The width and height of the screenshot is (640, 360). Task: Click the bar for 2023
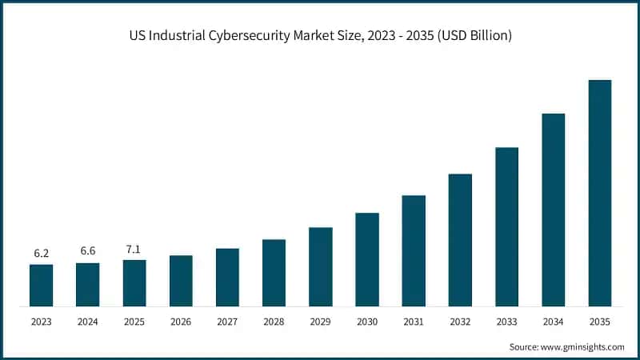tap(42, 285)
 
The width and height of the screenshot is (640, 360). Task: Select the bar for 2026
tap(181, 281)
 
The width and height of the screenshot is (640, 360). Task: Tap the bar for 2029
tap(321, 266)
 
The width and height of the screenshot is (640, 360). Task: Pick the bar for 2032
tap(460, 240)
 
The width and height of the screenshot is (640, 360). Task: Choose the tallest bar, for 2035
tap(600, 193)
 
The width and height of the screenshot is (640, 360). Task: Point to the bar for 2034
tap(553, 210)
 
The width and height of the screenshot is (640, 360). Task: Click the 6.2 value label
tap(42, 254)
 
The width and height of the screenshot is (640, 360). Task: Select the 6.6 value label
tap(88, 251)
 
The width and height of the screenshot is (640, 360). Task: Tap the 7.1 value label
tap(134, 249)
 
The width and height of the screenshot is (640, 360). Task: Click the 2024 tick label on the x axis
tap(88, 322)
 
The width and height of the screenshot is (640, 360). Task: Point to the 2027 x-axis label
tap(227, 322)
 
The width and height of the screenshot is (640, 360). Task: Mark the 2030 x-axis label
tap(367, 322)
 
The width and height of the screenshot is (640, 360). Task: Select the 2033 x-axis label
tap(506, 322)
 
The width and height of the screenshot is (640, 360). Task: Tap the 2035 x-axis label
tap(600, 322)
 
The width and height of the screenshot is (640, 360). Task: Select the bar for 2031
tap(414, 250)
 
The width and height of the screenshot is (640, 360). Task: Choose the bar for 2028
tap(274, 273)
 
